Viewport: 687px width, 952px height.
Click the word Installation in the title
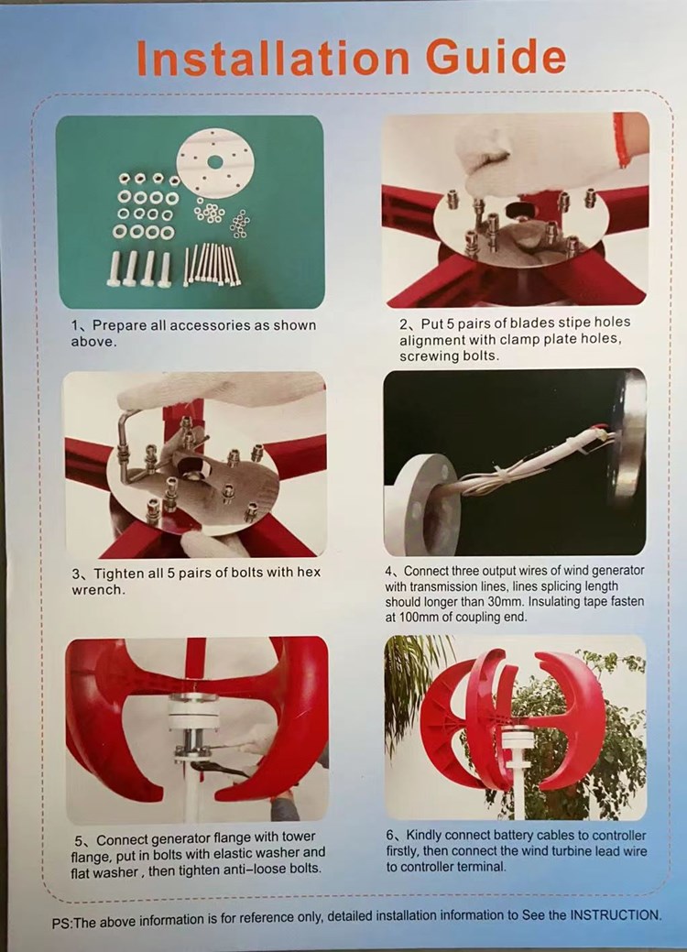[x=272, y=59]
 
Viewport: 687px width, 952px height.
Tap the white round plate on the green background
[x=215, y=163]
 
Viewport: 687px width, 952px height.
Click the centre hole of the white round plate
[x=215, y=162]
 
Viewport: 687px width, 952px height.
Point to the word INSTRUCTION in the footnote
[x=616, y=915]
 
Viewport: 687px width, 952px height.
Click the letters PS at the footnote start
[x=61, y=923]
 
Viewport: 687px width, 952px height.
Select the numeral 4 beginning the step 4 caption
[x=388, y=572]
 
